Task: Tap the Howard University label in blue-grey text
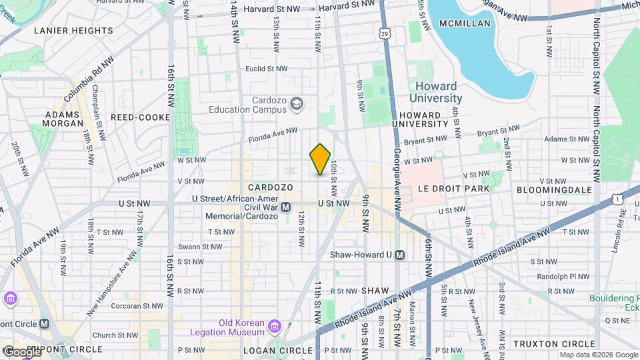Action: [x=436, y=92]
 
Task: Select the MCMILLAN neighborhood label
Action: [x=465, y=23]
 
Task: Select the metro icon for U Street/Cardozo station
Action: [x=285, y=207]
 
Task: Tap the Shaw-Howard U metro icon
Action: [x=399, y=255]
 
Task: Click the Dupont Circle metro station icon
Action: [x=45, y=323]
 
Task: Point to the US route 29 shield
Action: [x=383, y=33]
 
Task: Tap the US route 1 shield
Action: [x=619, y=199]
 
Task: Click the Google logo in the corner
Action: [x=21, y=352]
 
